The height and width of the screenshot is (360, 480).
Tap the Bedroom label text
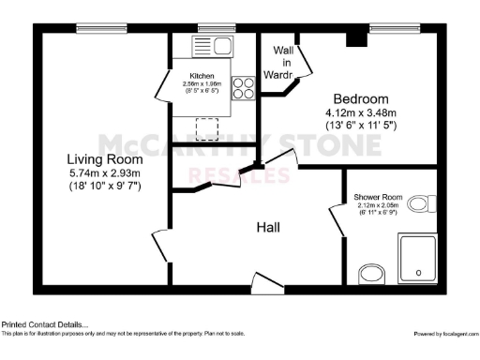point(362,98)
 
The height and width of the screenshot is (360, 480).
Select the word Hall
point(272,227)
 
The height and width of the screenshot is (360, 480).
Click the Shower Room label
point(378,198)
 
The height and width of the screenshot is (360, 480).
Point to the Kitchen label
point(202,76)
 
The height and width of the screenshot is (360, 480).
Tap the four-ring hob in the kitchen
point(244,86)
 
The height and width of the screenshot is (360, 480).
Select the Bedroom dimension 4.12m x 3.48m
point(361,113)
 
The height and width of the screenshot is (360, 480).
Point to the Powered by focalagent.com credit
point(445,334)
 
